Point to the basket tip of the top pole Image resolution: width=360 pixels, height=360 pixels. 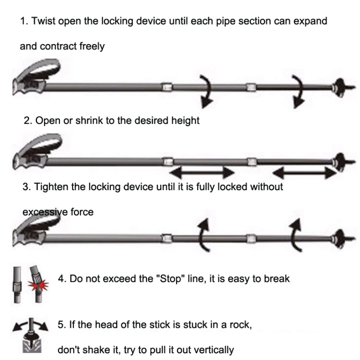339,87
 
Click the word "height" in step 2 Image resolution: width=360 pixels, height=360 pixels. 185,120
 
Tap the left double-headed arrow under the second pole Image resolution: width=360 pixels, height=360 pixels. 199,171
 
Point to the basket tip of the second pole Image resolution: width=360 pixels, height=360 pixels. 340,161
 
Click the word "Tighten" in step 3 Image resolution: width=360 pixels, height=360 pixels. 51,187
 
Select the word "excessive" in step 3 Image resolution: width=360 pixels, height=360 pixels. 45,212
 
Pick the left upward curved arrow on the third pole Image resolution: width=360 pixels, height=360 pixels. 204,235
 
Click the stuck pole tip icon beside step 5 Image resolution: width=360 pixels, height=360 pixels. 30,336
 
